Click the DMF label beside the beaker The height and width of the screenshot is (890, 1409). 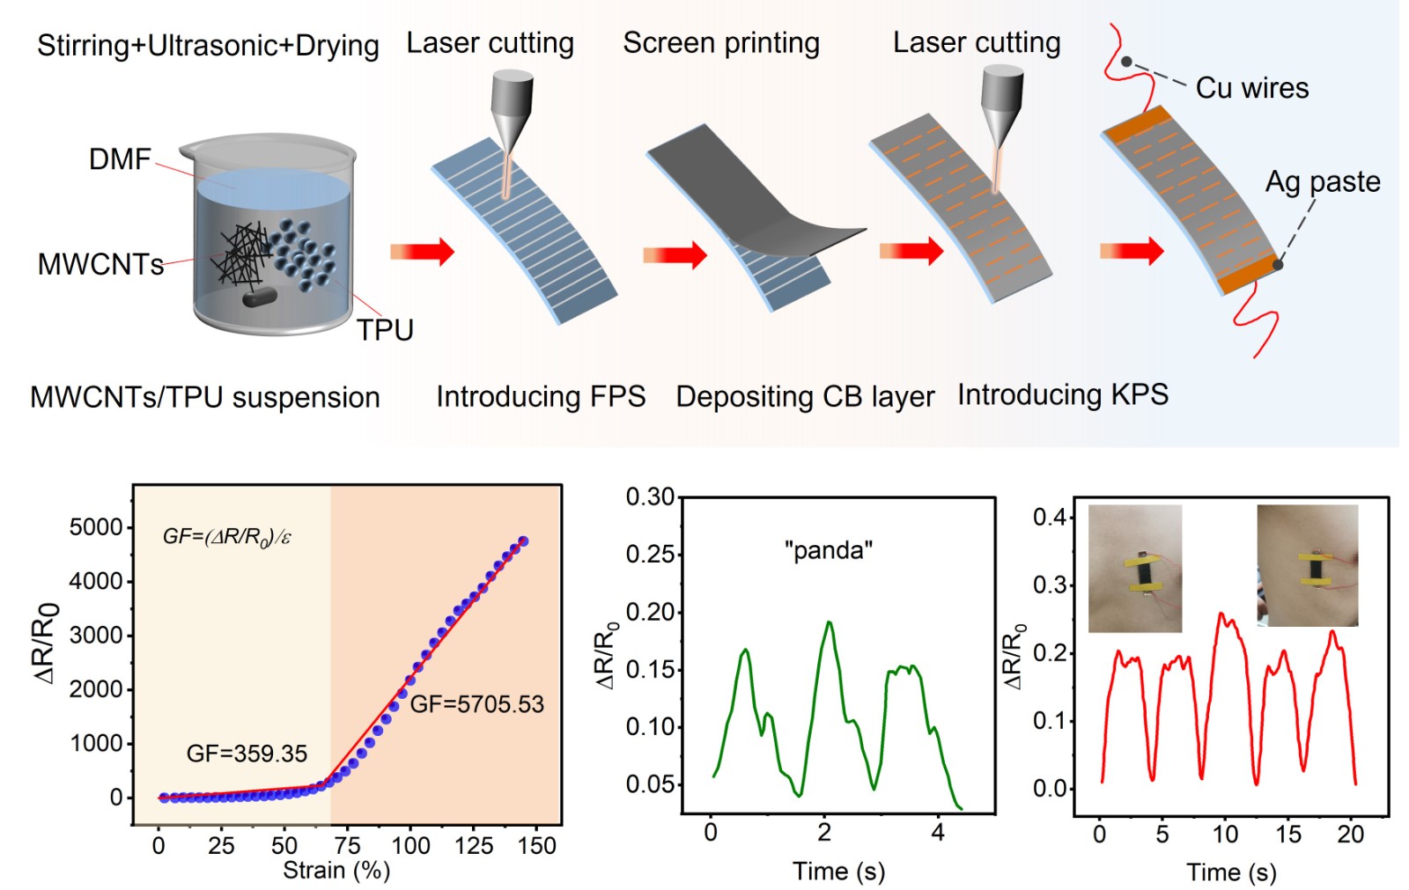click(x=120, y=159)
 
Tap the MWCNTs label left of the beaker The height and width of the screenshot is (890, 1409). click(x=100, y=264)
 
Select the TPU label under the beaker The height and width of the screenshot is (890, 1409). click(x=385, y=330)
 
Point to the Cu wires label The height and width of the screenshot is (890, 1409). click(x=1251, y=88)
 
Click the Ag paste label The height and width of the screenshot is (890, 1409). click(x=1322, y=181)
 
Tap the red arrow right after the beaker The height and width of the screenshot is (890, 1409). click(x=422, y=252)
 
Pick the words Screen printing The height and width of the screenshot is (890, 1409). click(x=720, y=43)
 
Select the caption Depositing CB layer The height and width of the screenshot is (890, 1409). click(x=804, y=397)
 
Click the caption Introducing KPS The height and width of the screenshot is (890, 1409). click(x=1062, y=394)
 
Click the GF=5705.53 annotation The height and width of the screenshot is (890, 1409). click(x=476, y=704)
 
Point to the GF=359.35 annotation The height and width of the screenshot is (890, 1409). click(x=247, y=754)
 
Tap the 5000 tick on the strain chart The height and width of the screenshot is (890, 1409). click(x=96, y=527)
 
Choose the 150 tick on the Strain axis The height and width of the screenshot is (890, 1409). click(x=536, y=846)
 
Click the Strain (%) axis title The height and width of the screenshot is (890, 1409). click(x=336, y=871)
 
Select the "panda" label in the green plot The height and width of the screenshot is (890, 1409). click(x=828, y=550)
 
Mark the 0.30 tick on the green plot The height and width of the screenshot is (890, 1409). click(x=650, y=497)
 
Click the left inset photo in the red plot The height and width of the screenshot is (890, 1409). click(x=1134, y=568)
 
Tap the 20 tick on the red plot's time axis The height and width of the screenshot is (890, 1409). click(x=1350, y=835)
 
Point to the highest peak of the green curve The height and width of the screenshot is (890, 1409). click(x=829, y=622)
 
